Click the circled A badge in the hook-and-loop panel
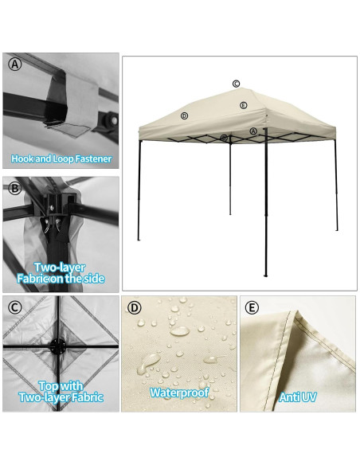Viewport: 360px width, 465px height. point(14,65)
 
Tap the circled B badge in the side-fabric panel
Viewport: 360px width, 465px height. point(14,189)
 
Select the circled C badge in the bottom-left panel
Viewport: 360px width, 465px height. point(14,307)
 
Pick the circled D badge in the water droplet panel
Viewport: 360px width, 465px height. point(134,307)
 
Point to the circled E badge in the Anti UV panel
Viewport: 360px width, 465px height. point(252,307)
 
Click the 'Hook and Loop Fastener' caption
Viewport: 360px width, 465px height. point(61,158)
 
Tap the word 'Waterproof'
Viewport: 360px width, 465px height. point(179,393)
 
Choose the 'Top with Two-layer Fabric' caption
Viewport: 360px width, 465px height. point(61,390)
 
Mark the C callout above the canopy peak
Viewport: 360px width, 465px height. point(237,84)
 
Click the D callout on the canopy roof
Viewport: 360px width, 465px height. point(184,115)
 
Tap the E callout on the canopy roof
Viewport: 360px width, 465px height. point(243,105)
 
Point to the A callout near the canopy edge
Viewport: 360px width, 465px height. point(253,131)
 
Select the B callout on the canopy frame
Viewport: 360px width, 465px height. point(224,138)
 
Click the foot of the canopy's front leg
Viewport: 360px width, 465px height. point(265,275)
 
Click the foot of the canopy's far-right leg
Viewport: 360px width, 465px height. point(337,229)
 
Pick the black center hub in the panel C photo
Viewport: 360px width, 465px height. point(57,347)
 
